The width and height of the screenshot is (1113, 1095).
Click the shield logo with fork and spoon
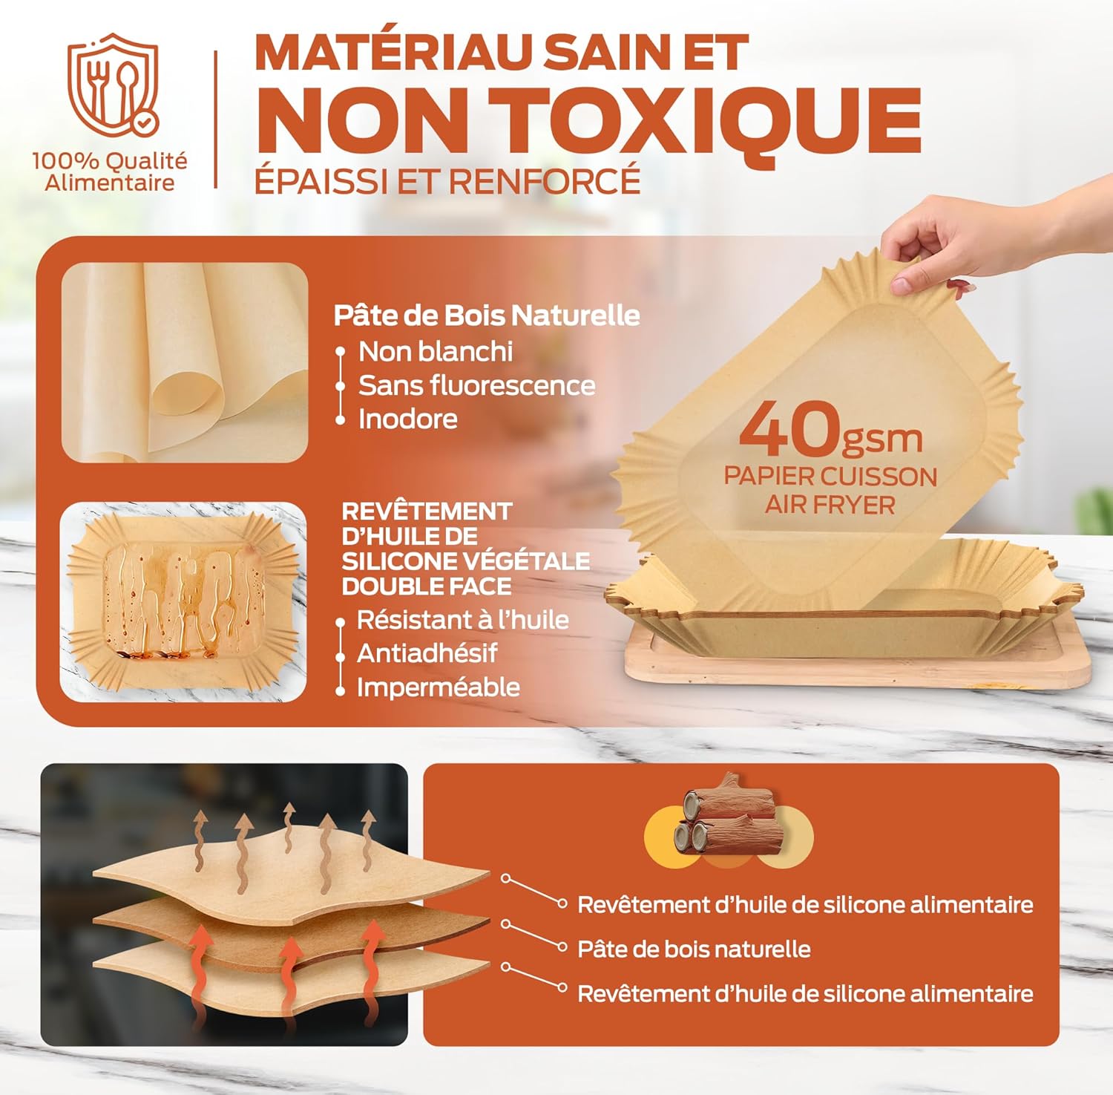tap(113, 85)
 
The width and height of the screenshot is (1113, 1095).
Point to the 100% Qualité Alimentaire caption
tap(110, 171)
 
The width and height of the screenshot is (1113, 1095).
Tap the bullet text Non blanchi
tap(436, 352)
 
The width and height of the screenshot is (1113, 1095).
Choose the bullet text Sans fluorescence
tap(476, 385)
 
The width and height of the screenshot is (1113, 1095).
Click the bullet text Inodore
tap(407, 419)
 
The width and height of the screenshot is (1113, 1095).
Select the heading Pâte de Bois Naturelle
tap(486, 316)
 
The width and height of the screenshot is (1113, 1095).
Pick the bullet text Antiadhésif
tap(427, 653)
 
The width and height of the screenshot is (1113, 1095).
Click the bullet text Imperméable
tap(438, 687)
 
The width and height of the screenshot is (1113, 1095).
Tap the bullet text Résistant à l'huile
tap(462, 620)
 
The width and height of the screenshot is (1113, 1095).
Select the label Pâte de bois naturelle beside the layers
tap(694, 949)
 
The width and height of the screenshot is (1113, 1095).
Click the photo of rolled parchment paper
tap(185, 362)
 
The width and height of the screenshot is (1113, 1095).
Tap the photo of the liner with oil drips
tap(183, 602)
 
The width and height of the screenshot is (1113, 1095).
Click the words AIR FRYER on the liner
tap(830, 506)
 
